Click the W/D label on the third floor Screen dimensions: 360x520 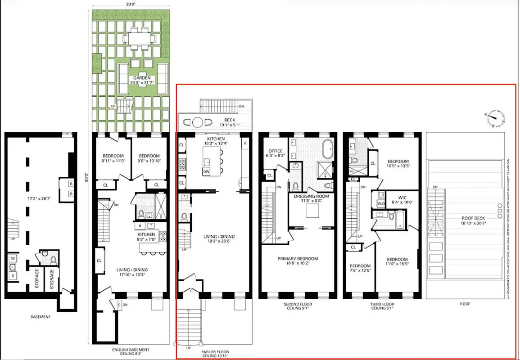(380, 203)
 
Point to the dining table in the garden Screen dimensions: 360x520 (140, 39)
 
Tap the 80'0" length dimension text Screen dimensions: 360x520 (88, 176)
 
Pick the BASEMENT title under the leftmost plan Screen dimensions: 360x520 (41, 317)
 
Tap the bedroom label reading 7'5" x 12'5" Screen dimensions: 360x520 (360, 269)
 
